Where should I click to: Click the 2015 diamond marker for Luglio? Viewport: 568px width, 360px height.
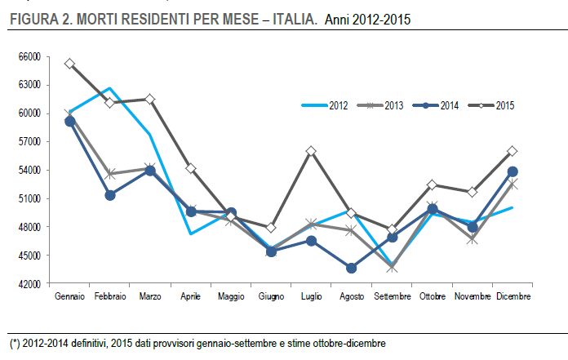tap(311, 151)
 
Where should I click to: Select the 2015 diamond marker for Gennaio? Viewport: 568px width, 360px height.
tap(70, 64)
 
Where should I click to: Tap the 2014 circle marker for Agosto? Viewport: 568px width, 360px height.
tap(351, 268)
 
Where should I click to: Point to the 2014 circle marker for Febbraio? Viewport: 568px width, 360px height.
tap(110, 195)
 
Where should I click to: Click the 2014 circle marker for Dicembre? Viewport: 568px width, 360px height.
tap(513, 171)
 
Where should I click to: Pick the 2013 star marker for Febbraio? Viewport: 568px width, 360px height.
tap(110, 174)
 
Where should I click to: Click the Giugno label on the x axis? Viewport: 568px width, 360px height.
tap(271, 296)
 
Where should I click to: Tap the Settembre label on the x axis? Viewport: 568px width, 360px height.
tap(392, 296)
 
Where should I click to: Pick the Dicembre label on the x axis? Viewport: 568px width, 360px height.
tap(513, 296)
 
